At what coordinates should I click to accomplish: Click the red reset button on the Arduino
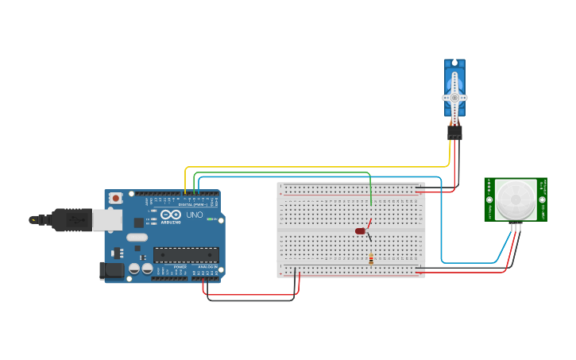pos(116,198)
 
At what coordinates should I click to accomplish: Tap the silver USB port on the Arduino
pos(106,219)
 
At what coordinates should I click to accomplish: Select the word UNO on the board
pos(194,215)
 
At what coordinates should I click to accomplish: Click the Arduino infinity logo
pos(170,214)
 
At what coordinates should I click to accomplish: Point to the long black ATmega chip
pos(185,254)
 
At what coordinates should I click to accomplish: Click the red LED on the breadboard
pos(360,231)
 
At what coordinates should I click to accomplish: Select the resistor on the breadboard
pos(371,259)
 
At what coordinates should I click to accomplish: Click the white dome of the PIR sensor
pos(516,199)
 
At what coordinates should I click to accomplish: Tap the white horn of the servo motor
pos(454,97)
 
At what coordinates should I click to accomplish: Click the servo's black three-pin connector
pos(454,133)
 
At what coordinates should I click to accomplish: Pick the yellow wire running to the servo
pos(318,167)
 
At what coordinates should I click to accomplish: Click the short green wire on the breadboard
pos(370,191)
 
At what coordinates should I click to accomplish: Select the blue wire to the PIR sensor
pos(442,223)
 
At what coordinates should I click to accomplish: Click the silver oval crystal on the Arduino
pos(137,237)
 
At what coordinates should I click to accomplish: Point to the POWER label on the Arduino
pos(180,267)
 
